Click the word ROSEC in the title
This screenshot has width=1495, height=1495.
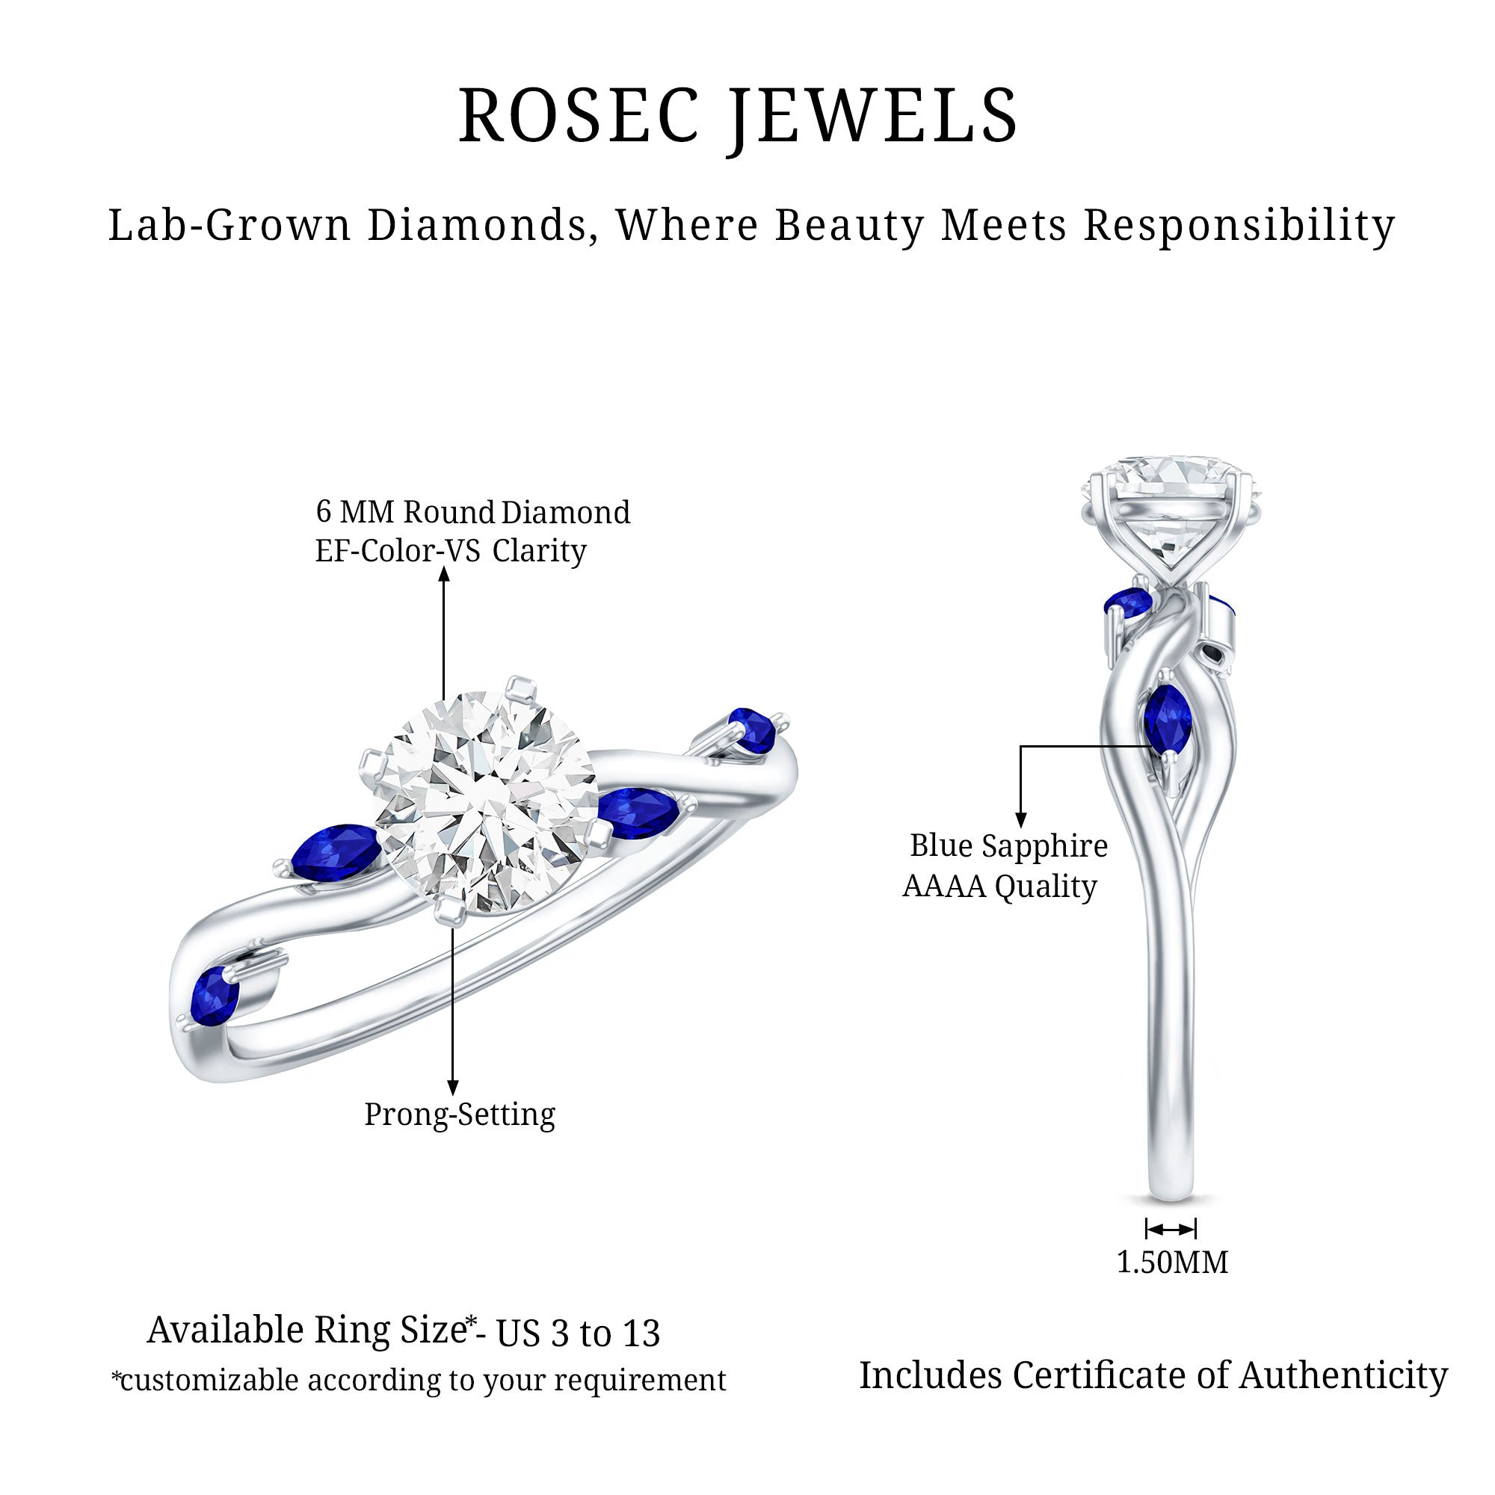click(579, 116)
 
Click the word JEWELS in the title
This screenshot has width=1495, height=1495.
click(872, 116)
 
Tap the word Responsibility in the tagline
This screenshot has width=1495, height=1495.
click(1238, 226)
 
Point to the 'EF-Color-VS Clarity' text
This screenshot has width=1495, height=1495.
click(450, 551)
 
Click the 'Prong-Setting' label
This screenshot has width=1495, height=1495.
click(460, 1115)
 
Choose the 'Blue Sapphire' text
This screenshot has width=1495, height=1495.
click(1008, 845)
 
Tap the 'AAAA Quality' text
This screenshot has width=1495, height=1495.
click(999, 886)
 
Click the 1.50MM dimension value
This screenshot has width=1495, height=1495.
click(1171, 1262)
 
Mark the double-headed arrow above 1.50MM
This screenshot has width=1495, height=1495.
click(1171, 1228)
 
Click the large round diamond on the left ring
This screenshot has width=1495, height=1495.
click(485, 805)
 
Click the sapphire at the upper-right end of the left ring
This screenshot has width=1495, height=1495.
click(752, 730)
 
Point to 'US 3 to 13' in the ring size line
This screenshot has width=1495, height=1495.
click(577, 1333)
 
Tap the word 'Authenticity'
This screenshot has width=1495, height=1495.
click(1343, 1376)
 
